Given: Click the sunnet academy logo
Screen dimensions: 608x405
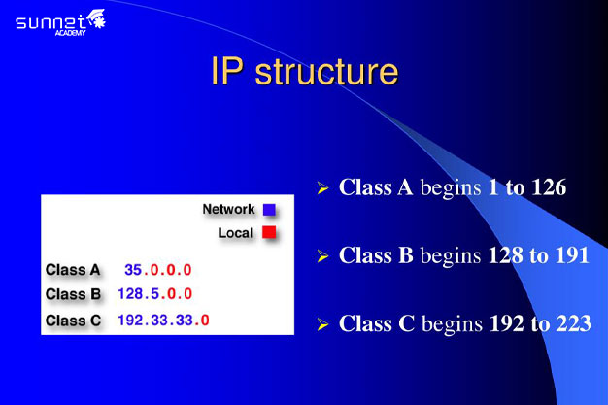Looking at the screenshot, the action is point(60,22).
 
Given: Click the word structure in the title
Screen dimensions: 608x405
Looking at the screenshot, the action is point(326,71).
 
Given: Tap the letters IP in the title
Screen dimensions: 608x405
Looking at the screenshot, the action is point(227,71).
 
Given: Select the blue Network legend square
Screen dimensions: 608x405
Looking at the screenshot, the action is point(269,210).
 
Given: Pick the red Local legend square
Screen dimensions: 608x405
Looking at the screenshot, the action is point(269,232).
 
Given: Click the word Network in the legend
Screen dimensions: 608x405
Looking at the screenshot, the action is point(229,209).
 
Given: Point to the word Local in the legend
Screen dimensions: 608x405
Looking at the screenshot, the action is point(235,233).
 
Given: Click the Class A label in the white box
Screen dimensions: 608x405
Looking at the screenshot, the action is point(73,270).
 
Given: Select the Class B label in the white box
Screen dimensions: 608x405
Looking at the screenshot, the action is point(73,294).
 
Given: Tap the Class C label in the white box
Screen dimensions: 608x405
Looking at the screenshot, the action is point(73,321).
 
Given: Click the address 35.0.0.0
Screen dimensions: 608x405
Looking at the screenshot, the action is point(158,270).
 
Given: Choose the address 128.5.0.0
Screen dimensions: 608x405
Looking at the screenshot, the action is point(155,293).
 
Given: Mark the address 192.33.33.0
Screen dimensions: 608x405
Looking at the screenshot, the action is point(163,321).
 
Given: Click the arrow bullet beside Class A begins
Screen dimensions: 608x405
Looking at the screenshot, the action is point(322,188).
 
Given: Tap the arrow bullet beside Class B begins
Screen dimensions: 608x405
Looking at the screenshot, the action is point(322,256).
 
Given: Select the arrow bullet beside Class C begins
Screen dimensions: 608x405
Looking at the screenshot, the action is point(322,324).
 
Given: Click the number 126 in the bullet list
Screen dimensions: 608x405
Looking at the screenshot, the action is point(549,187).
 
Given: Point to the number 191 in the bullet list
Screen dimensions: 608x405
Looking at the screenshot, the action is point(572,255).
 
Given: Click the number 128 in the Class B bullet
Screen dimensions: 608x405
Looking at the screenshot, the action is point(505,255).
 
